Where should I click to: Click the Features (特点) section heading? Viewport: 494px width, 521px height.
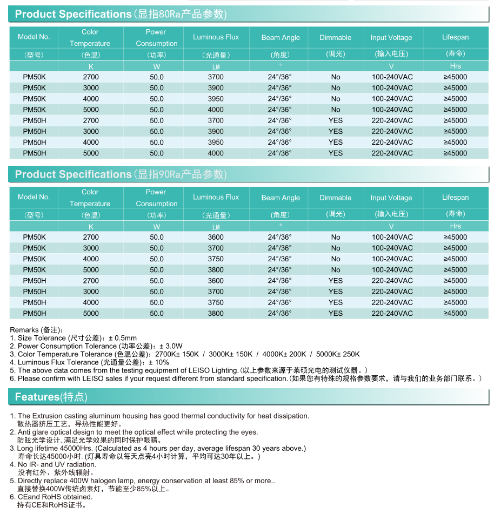[51, 397]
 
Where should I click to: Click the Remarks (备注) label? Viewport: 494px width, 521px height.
[37, 330]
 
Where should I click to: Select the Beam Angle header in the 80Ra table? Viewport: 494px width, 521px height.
[281, 37]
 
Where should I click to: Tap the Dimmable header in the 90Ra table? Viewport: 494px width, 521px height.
[335, 198]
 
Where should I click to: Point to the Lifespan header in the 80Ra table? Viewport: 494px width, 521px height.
[455, 37]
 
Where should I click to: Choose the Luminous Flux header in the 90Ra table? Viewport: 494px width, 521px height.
[216, 197]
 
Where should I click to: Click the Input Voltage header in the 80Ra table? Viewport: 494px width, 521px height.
[391, 37]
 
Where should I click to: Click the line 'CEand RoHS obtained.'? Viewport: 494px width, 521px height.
[55, 497]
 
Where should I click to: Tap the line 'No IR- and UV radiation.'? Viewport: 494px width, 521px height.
[57, 464]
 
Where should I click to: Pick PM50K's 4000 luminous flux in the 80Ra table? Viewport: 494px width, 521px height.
[216, 110]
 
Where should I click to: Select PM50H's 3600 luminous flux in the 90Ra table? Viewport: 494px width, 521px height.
[216, 281]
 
